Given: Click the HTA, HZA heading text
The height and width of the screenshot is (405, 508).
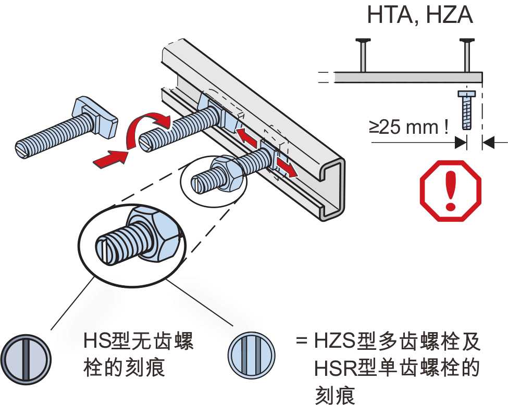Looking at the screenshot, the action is (420, 15).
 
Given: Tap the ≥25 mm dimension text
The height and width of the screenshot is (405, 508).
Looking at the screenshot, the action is (409, 127).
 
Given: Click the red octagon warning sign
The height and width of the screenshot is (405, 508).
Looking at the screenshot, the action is (451, 191).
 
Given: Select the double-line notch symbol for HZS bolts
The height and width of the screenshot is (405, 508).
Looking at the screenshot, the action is (252, 356).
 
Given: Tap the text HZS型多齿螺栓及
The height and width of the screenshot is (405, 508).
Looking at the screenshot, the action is (397, 341).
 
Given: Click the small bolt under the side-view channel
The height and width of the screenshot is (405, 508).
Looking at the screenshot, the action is (466, 110).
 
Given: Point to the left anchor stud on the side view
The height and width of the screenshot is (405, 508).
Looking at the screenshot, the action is (363, 55).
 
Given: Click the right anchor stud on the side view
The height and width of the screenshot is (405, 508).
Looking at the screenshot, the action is (467, 55).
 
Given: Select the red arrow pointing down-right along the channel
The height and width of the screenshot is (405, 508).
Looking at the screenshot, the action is (286, 168).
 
